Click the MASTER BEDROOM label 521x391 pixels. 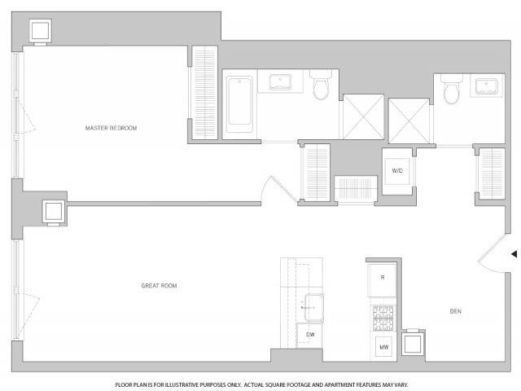(x=111, y=128)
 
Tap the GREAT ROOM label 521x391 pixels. (x=159, y=286)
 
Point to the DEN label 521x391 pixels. (x=456, y=311)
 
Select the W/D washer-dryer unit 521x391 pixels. (x=397, y=171)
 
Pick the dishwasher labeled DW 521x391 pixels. (x=309, y=335)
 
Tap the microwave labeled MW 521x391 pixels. (x=383, y=347)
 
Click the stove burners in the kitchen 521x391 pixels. (x=383, y=319)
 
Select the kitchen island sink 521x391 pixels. (x=314, y=308)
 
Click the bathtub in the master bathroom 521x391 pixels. (x=239, y=104)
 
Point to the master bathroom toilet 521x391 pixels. (x=321, y=85)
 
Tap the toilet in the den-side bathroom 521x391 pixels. (x=452, y=89)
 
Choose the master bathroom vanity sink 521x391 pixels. (x=280, y=81)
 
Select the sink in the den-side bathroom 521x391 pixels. (x=487, y=86)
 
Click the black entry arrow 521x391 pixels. (x=514, y=254)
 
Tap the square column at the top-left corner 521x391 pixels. (x=40, y=31)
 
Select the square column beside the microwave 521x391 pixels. (x=413, y=343)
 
